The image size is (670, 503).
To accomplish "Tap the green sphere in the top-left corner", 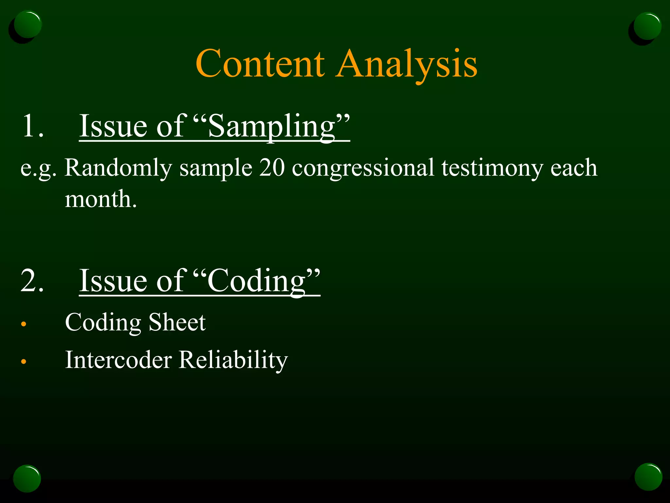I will click(x=27, y=25).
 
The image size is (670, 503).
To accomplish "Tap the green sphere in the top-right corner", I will click(x=647, y=26).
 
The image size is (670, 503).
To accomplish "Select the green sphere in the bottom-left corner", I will click(x=27, y=478).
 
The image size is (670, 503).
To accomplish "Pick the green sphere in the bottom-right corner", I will click(x=648, y=477).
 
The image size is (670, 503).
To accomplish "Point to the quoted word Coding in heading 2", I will click(x=256, y=281).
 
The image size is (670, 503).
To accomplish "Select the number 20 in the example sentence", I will click(x=272, y=168).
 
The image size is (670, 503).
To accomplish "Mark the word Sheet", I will click(x=177, y=322).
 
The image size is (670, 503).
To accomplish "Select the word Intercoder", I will click(x=118, y=360).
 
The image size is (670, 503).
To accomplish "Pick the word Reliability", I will click(x=234, y=360).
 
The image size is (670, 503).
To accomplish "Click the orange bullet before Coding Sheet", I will click(x=23, y=324).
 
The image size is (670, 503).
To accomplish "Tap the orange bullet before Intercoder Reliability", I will click(x=23, y=362).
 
